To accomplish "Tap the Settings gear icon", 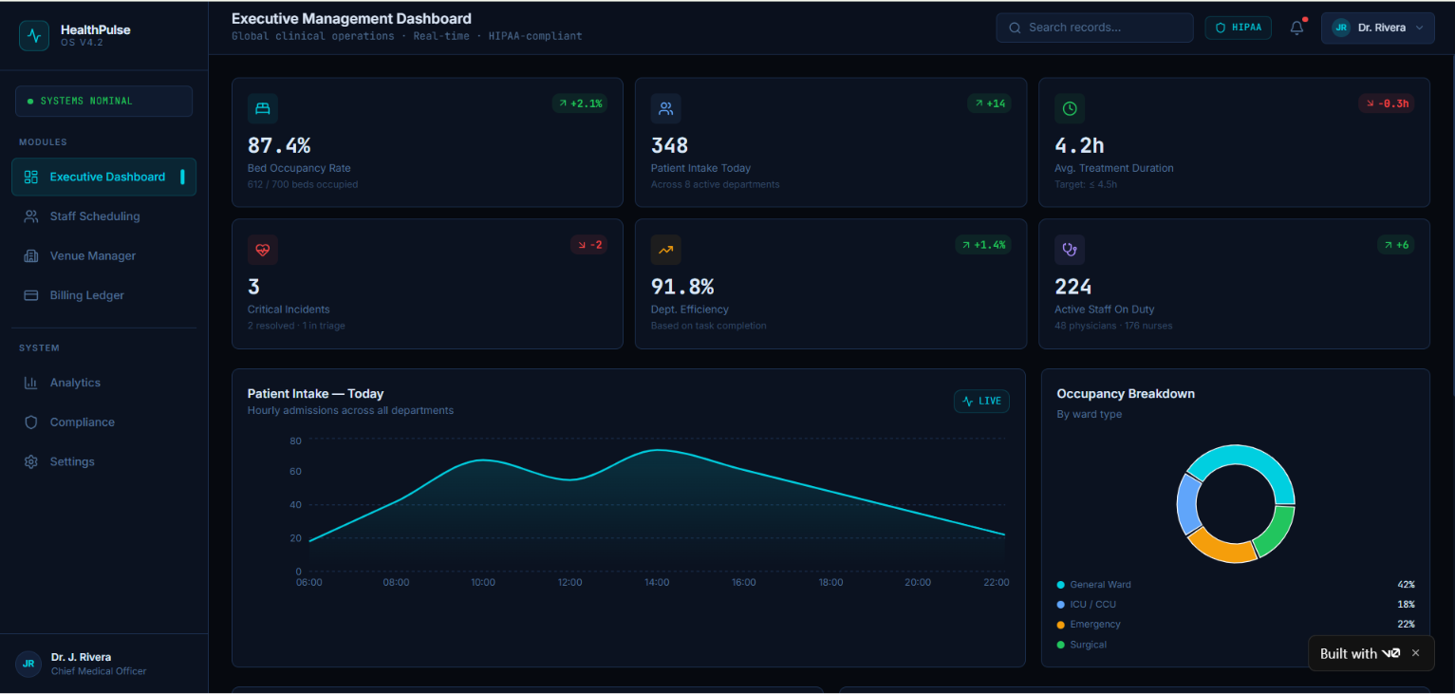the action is [x=30, y=461].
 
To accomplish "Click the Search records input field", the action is [x=1094, y=28].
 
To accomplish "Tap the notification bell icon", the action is [x=1296, y=28].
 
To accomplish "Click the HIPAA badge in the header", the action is [x=1238, y=28].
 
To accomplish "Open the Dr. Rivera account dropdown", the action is [x=1377, y=28].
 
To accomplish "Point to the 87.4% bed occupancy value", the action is [x=279, y=145].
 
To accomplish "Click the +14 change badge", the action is [x=989, y=103].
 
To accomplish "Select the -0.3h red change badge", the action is [x=1386, y=103].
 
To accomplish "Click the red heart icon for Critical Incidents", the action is [x=262, y=250].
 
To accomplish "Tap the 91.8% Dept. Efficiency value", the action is [x=682, y=287].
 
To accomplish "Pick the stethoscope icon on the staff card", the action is [x=1069, y=250].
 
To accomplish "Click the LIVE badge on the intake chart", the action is [x=981, y=401].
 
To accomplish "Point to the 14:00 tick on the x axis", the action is [x=657, y=582].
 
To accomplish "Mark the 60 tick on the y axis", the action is [x=295, y=472].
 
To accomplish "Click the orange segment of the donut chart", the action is [x=1220, y=547].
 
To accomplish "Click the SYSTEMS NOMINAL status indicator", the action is [x=104, y=102].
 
